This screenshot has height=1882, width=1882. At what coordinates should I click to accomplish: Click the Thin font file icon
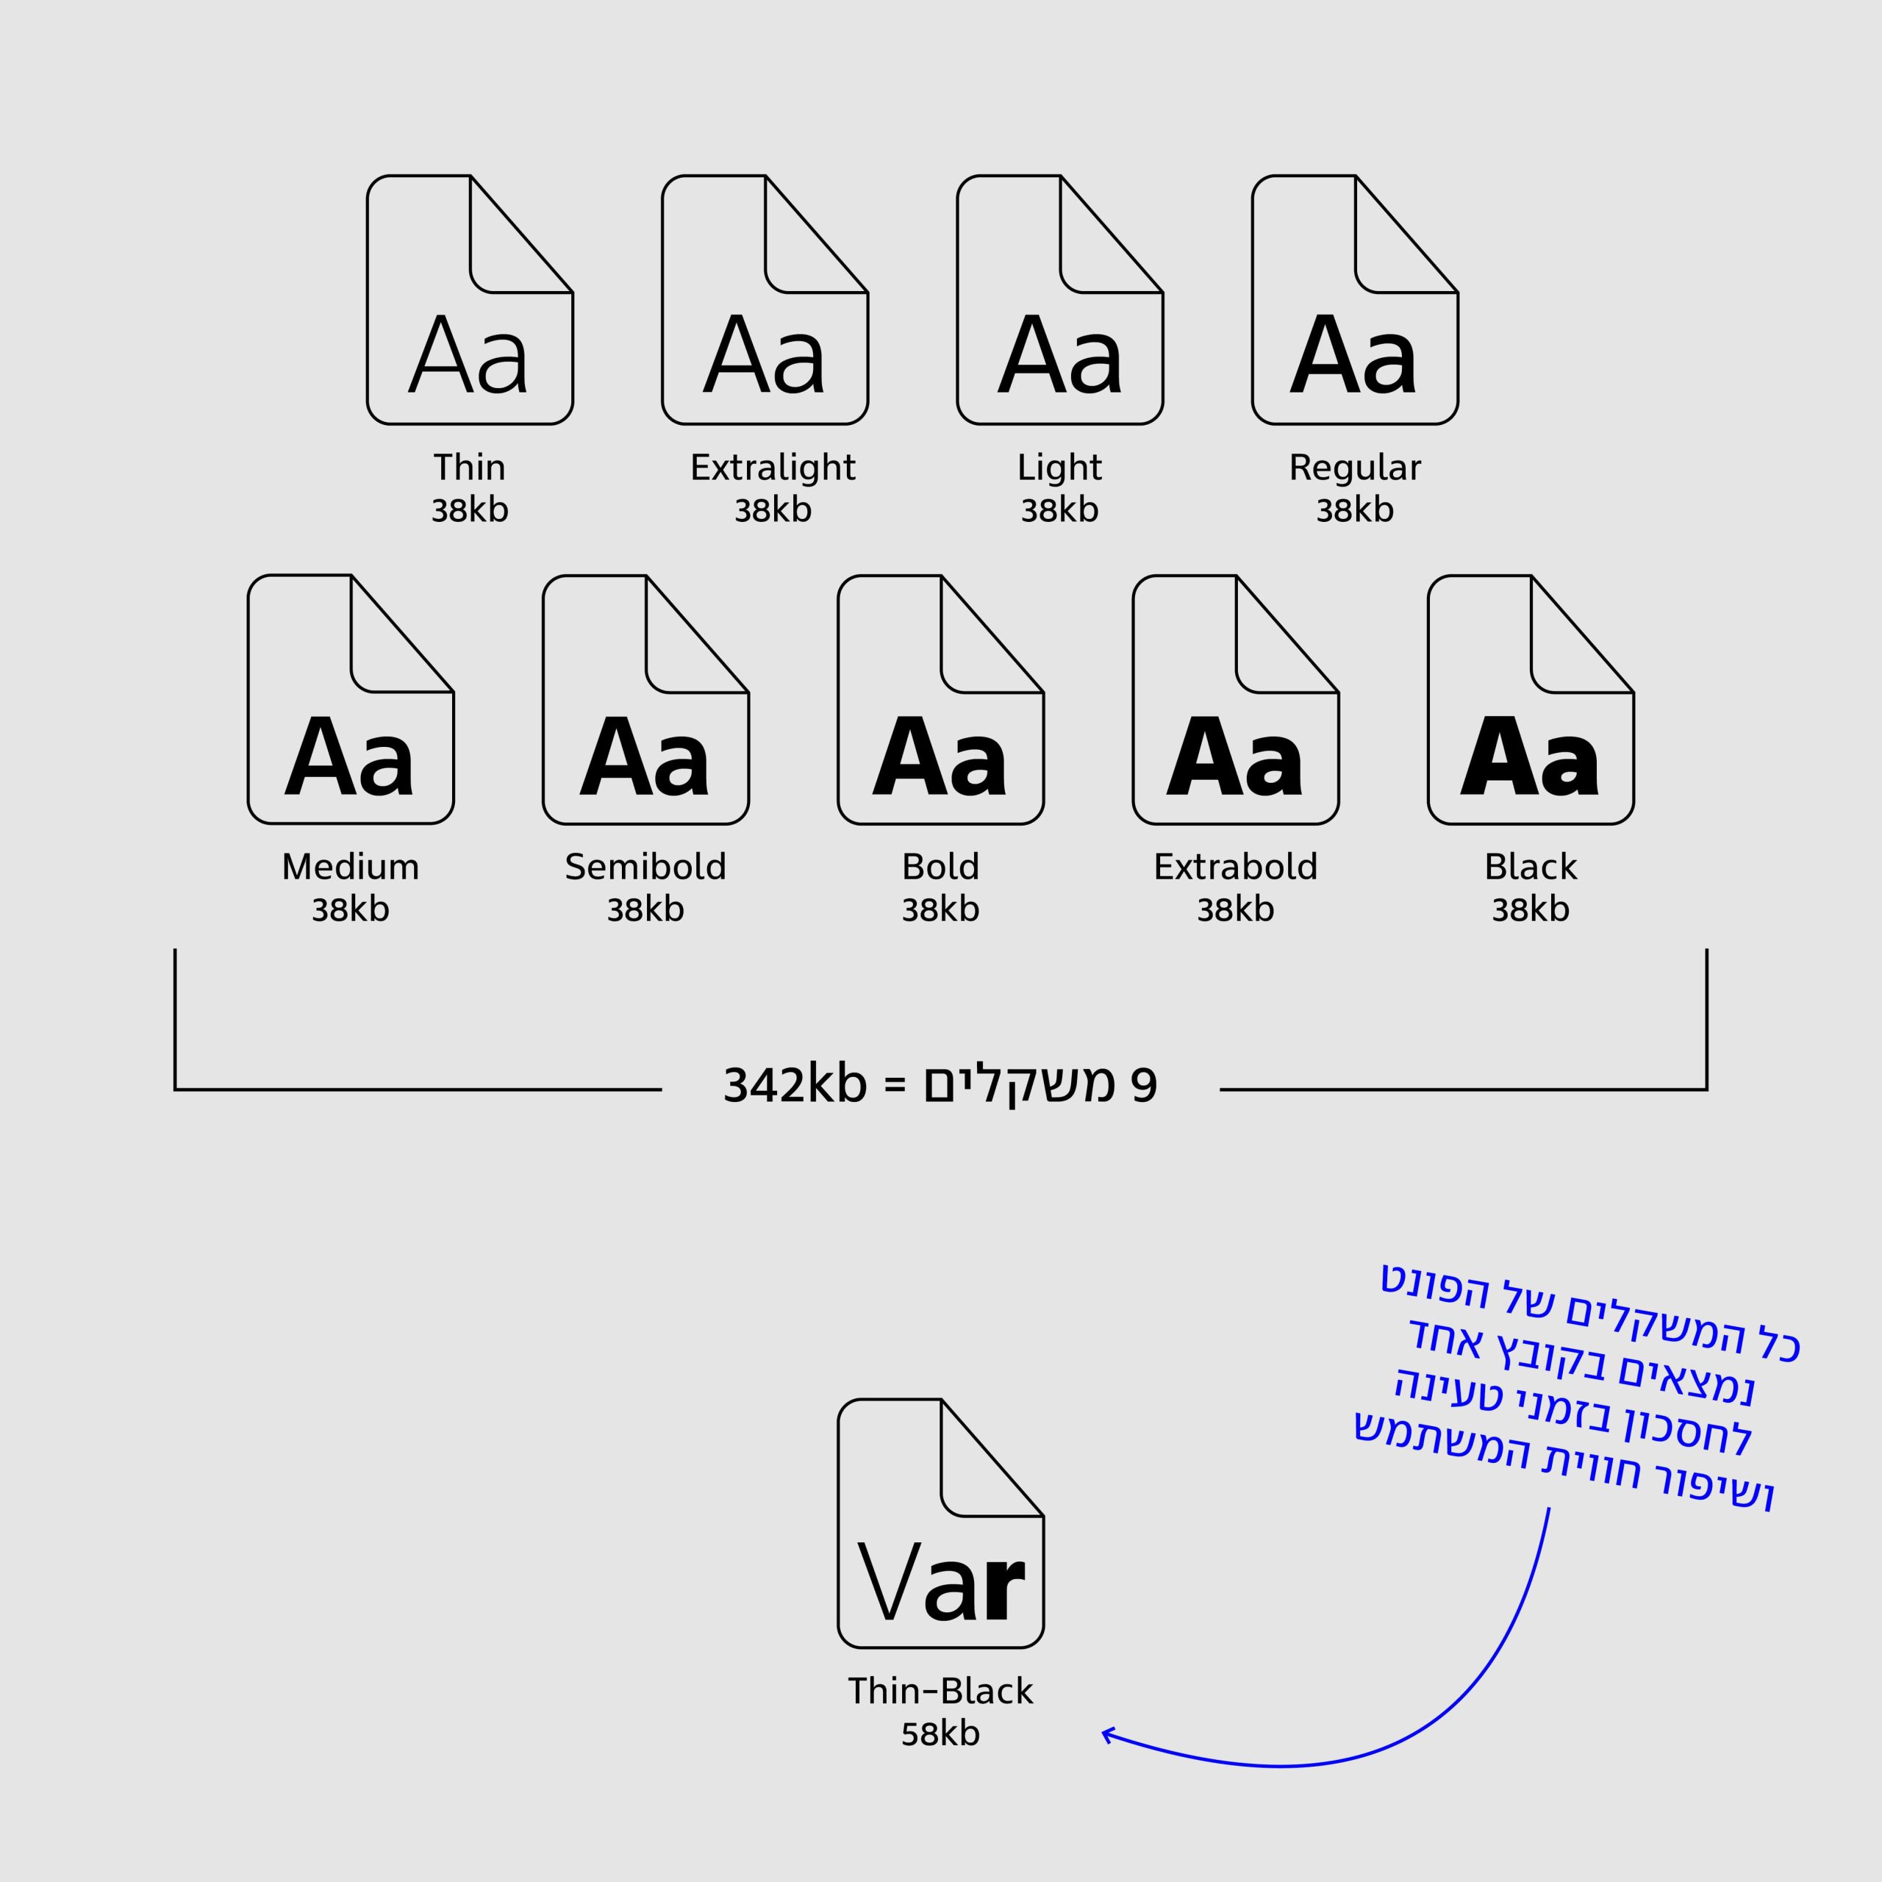[470, 300]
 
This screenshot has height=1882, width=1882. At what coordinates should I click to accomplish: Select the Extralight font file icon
[765, 300]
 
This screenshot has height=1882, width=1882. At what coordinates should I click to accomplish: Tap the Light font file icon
[1060, 300]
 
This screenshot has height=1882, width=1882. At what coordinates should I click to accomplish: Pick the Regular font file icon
[1355, 300]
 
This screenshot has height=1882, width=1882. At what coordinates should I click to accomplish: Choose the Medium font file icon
[351, 699]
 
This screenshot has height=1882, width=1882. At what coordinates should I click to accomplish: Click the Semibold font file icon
[646, 699]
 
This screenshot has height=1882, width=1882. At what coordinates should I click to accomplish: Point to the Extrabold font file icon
[1236, 699]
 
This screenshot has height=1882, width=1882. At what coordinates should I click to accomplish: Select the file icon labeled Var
[941, 1523]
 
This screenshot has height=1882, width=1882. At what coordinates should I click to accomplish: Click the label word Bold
[941, 866]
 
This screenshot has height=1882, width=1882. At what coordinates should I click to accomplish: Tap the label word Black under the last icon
[1531, 866]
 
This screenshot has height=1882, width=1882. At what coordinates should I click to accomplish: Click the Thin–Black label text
[940, 1690]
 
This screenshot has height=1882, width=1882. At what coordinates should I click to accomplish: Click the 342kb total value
[795, 1084]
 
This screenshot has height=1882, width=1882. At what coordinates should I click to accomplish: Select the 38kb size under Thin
[470, 509]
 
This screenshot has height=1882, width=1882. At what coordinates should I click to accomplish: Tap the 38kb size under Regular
[1355, 509]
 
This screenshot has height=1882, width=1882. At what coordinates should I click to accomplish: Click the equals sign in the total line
[894, 1086]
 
